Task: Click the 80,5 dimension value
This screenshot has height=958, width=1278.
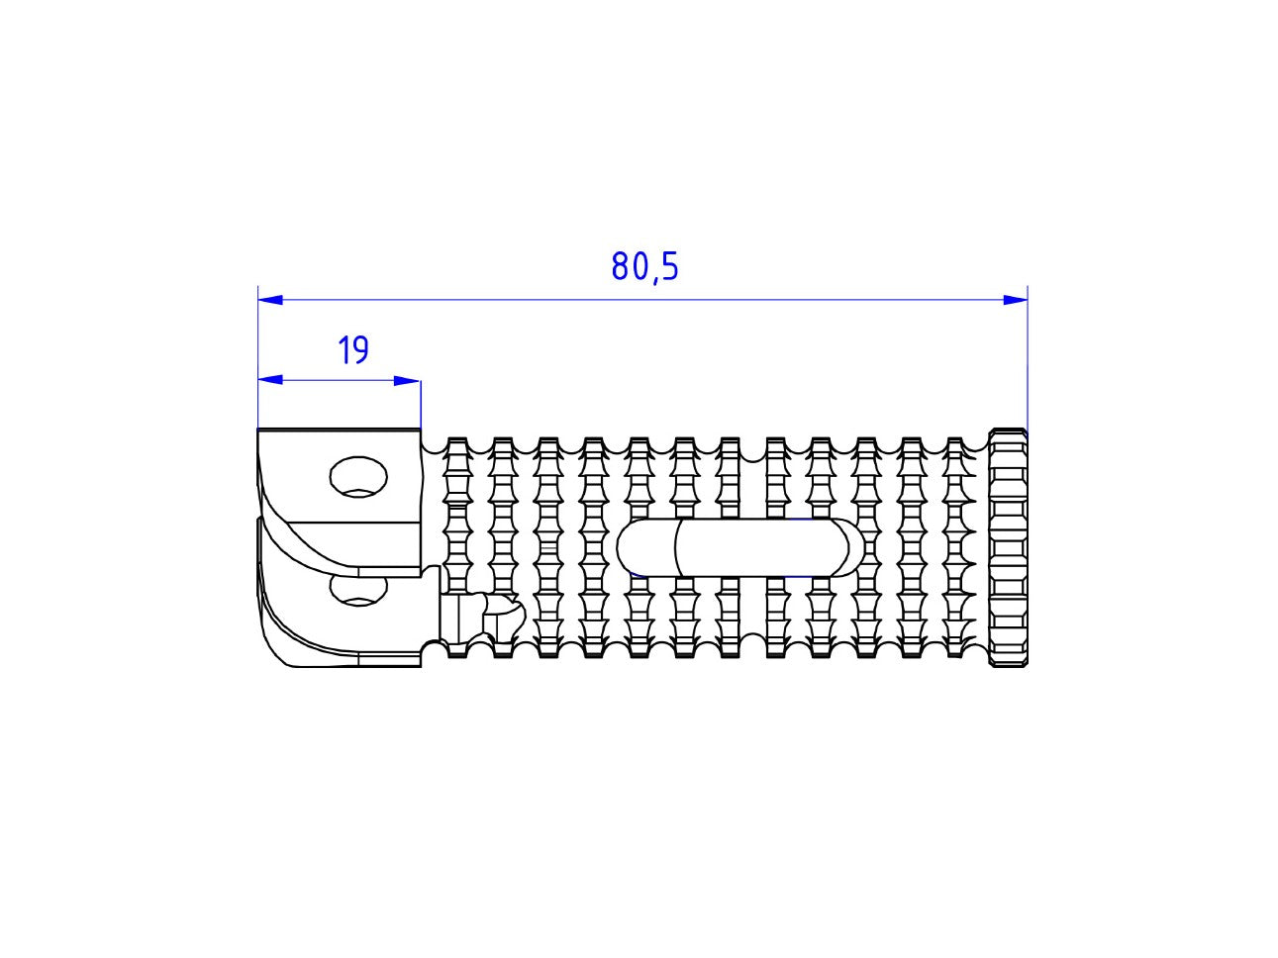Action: [644, 267]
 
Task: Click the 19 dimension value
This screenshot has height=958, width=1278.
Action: [352, 350]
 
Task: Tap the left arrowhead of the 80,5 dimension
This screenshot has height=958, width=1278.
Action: [269, 299]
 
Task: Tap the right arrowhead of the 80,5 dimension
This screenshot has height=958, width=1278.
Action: [1015, 299]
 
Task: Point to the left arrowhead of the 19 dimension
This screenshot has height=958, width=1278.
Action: [269, 380]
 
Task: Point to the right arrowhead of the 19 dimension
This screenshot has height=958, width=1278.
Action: [408, 380]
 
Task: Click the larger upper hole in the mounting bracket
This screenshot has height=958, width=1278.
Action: [357, 476]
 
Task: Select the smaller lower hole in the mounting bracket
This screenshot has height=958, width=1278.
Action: [358, 591]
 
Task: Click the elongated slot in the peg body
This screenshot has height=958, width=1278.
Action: [738, 546]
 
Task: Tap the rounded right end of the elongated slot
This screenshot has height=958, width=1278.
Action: [847, 546]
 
